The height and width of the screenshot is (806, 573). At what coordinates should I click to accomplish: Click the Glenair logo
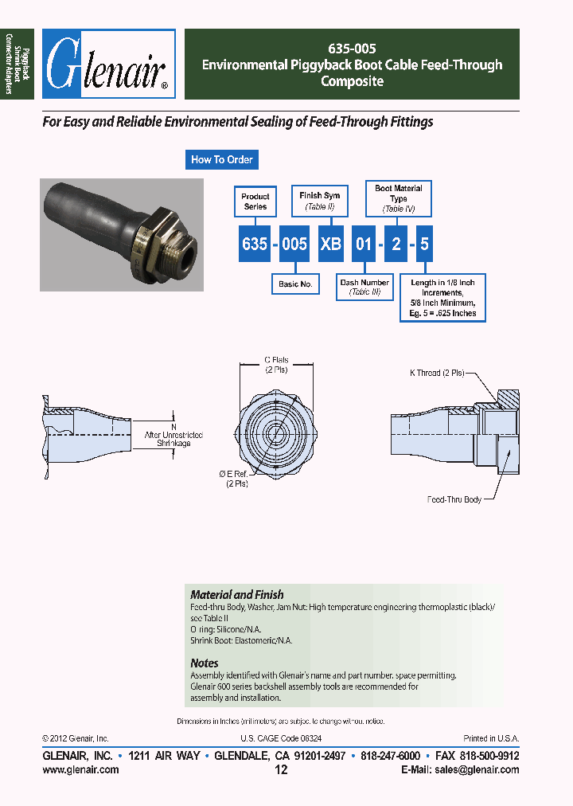(108, 65)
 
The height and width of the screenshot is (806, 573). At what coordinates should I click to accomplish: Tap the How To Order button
(221, 159)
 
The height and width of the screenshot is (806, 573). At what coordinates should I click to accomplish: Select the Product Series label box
(255, 201)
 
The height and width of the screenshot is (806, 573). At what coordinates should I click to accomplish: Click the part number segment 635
(255, 244)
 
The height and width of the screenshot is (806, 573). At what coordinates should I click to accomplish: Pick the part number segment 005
(294, 244)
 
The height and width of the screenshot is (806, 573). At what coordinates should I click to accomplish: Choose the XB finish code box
(330, 244)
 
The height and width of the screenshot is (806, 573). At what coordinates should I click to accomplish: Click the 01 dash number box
(364, 244)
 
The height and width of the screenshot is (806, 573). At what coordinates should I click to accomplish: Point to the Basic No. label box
(295, 284)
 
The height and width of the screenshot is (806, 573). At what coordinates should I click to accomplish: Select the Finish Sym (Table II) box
(319, 201)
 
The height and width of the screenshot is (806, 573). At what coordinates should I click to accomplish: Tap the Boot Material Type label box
(399, 198)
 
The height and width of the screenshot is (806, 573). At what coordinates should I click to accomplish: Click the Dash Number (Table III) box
(364, 288)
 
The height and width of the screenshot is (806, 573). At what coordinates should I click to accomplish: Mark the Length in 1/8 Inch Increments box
(443, 298)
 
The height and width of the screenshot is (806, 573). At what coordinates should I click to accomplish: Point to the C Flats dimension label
(276, 365)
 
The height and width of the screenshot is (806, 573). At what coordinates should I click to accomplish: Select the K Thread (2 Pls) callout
(436, 373)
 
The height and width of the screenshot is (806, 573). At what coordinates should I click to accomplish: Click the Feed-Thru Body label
(454, 499)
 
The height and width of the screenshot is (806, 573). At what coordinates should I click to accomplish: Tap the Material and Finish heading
(236, 594)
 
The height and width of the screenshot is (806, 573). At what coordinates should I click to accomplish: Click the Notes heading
(205, 663)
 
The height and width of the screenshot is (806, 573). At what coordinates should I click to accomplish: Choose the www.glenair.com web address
(80, 769)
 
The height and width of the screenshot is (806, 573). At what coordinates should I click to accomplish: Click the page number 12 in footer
(280, 769)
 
